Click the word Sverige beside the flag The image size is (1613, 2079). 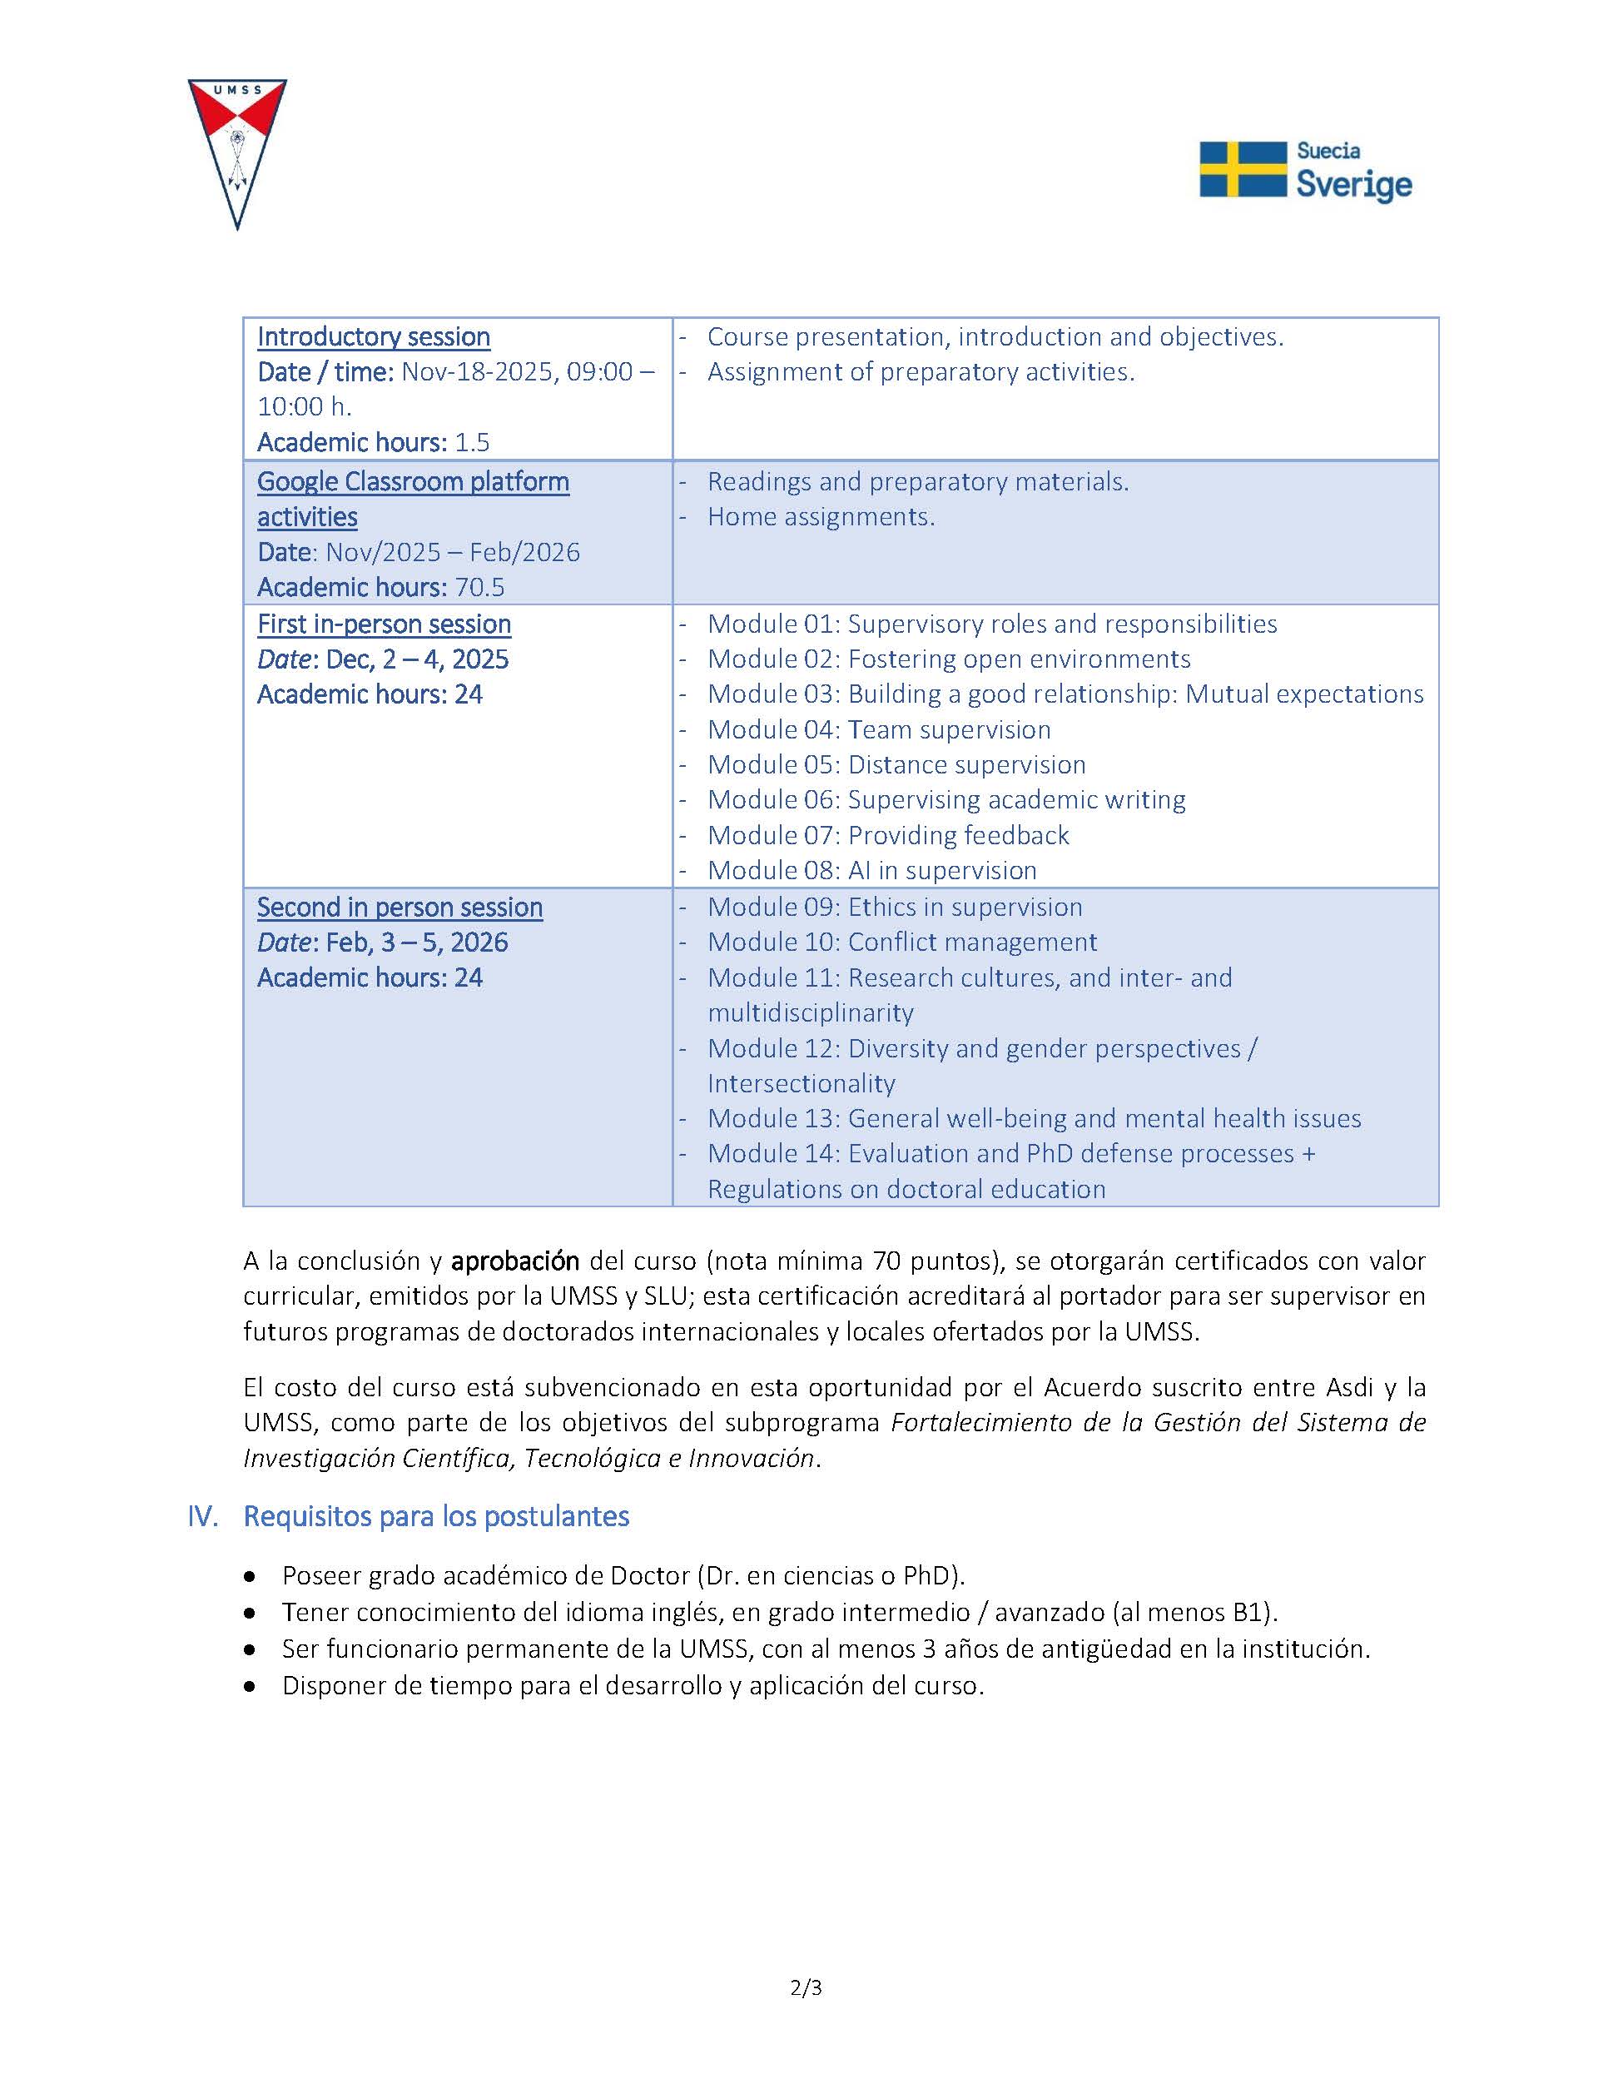pos(1354,185)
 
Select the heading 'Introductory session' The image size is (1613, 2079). pos(373,337)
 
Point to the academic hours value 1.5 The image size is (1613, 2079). pos(472,443)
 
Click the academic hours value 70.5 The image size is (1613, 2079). pos(479,587)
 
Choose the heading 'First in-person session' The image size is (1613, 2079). pos(384,624)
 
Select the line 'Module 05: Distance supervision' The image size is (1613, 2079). pos(896,765)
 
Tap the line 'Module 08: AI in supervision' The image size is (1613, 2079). pos(871,871)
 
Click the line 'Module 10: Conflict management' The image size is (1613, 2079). pos(901,943)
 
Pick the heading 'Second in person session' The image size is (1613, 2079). pos(400,908)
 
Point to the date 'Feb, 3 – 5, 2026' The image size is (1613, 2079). pos(417,943)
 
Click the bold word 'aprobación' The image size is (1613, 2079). pos(515,1261)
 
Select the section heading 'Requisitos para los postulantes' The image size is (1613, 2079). pos(436,1516)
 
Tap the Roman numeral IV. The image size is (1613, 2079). pos(203,1516)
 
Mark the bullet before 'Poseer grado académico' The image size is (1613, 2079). pos(250,1577)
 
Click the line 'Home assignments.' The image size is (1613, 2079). pos(821,517)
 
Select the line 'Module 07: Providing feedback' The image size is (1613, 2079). pos(888,836)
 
